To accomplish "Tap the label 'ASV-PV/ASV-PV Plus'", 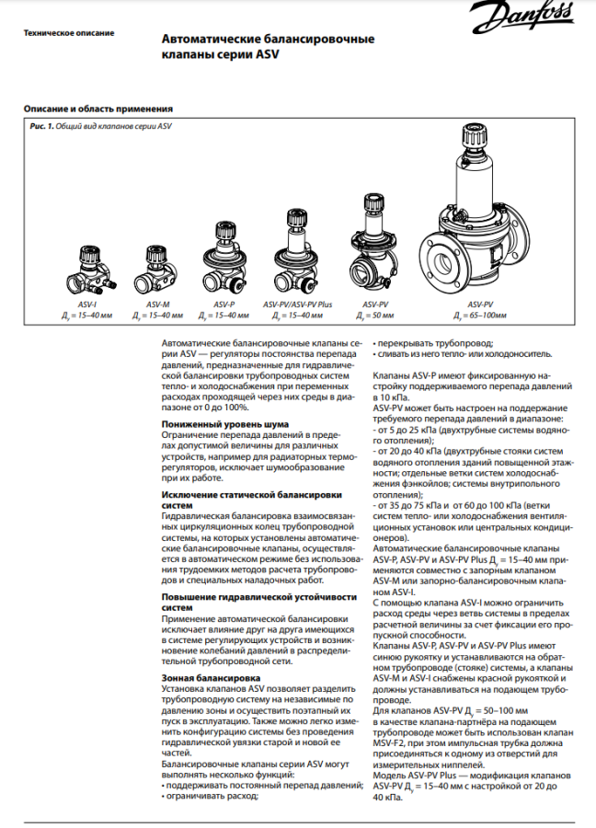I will (x=295, y=304).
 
